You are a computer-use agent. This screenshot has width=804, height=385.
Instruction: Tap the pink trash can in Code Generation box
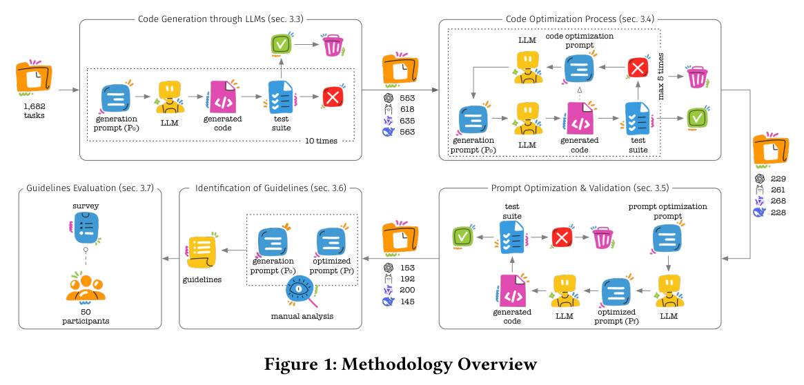333,44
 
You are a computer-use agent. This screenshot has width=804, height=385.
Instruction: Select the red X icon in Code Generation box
332,97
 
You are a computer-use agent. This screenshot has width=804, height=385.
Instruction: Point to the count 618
408,109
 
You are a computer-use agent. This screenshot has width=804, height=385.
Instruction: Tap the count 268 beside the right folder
778,201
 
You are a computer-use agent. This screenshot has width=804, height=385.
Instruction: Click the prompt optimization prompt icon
667,239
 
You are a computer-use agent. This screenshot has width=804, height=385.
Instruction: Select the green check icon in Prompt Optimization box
462,237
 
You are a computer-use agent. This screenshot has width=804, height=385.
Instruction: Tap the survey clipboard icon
85,227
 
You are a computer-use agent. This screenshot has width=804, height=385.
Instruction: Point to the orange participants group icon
85,287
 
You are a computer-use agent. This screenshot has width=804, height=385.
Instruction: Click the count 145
408,301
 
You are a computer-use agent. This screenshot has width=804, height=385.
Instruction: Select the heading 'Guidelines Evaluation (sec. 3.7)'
90,188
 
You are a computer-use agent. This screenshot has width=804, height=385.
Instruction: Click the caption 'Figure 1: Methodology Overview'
400,364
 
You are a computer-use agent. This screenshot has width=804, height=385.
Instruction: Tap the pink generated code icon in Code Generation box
222,97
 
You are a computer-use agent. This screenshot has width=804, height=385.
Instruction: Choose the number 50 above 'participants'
86,312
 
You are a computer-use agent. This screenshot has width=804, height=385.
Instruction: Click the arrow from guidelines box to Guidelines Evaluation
170,258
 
